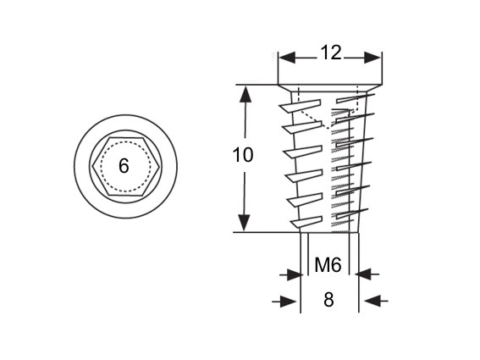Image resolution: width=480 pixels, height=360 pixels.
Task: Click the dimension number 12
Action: click(x=331, y=53)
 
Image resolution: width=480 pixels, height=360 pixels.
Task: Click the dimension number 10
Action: click(x=243, y=155)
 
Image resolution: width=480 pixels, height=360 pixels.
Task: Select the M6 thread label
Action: click(x=328, y=265)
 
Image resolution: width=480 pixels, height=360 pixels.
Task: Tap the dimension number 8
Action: click(x=328, y=300)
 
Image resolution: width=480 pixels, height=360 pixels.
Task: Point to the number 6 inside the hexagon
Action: click(x=124, y=166)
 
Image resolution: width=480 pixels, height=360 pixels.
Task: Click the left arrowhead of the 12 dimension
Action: click(x=287, y=58)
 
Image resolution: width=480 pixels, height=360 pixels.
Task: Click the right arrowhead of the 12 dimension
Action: click(x=372, y=58)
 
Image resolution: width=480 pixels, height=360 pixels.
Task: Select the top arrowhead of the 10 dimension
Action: click(x=245, y=93)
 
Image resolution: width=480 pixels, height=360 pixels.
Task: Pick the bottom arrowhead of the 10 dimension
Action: click(x=244, y=223)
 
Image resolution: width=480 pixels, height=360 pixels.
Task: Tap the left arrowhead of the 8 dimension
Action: click(x=290, y=302)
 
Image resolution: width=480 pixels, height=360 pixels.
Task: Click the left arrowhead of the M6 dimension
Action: click(x=293, y=274)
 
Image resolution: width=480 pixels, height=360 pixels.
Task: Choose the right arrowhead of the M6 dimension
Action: click(x=365, y=274)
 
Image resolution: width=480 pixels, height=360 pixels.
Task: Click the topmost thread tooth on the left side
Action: click(x=300, y=105)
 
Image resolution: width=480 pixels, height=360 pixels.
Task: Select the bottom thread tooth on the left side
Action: click(x=306, y=222)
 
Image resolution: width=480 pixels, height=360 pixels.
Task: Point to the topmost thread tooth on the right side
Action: click(x=355, y=98)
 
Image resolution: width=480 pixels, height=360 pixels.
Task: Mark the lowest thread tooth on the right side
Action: click(x=351, y=213)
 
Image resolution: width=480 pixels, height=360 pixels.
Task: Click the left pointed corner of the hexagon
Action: click(x=93, y=167)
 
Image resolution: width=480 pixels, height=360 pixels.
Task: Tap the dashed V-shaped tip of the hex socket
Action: click(x=329, y=129)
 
